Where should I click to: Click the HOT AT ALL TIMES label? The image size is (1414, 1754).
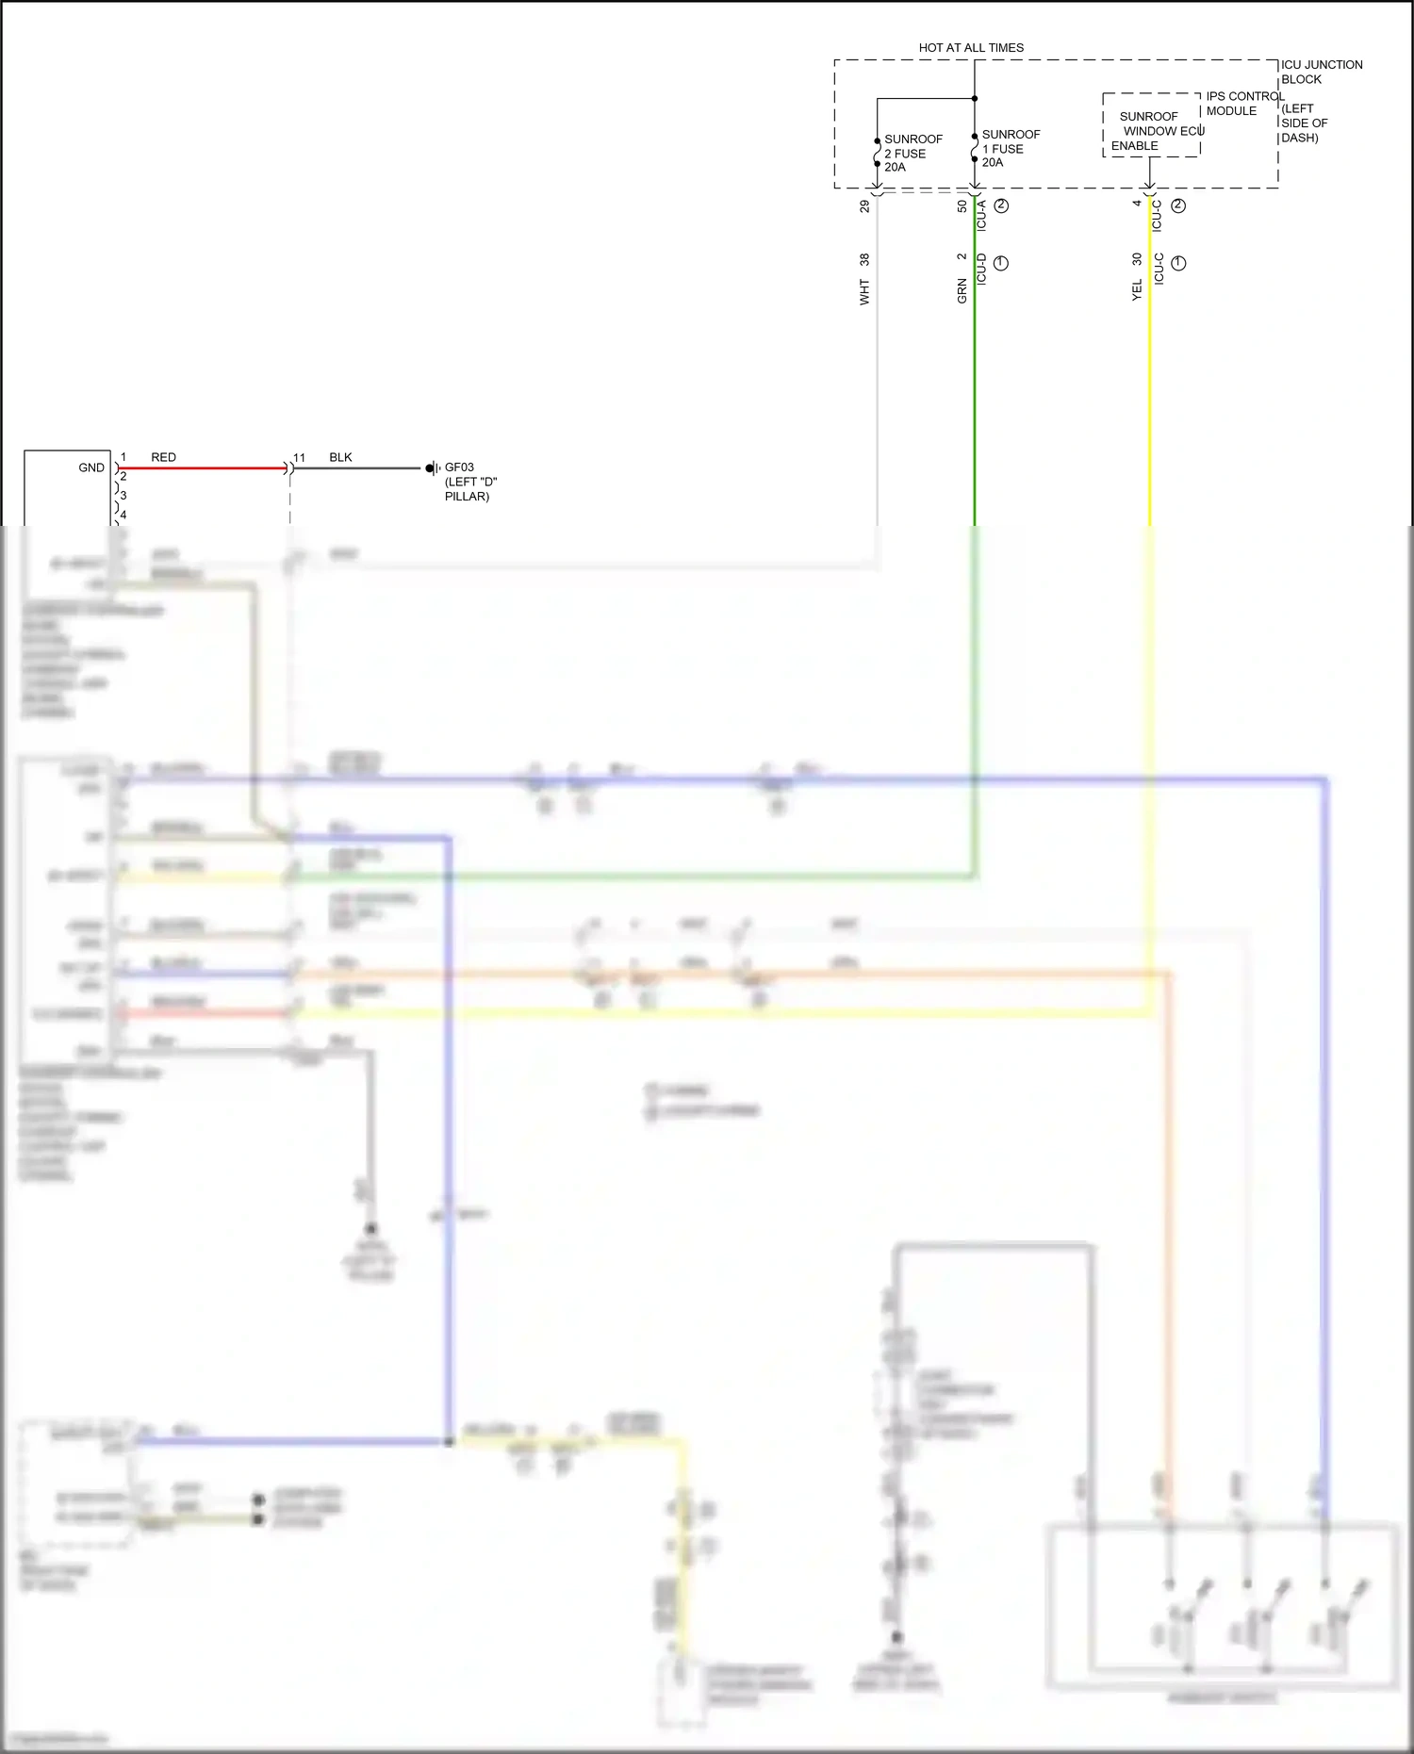970,47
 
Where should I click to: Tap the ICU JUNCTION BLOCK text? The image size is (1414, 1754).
1320,72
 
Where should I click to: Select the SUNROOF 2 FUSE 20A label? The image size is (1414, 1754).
913,153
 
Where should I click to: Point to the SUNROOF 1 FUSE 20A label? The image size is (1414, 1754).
1011,148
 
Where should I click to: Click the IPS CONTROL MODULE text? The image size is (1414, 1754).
1243,104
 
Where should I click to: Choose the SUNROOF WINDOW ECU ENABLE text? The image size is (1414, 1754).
1156,131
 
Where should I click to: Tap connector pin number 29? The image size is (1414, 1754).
864,205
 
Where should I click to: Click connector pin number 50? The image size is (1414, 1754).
962,205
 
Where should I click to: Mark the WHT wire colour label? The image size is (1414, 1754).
864,292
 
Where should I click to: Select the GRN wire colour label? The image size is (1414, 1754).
962,290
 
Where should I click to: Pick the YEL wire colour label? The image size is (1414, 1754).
1137,290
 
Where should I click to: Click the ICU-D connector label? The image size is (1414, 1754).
981,269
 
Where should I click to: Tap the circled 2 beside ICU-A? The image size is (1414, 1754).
1001,205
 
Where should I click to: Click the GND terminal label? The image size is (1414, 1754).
91,467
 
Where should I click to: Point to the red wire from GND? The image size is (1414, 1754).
203,468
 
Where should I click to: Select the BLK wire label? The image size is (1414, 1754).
340,457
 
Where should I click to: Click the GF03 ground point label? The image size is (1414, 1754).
459,467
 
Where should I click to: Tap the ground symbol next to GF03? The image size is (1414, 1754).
433,468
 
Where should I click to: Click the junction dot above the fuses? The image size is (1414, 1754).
975,98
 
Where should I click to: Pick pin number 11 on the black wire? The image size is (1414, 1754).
299,458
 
